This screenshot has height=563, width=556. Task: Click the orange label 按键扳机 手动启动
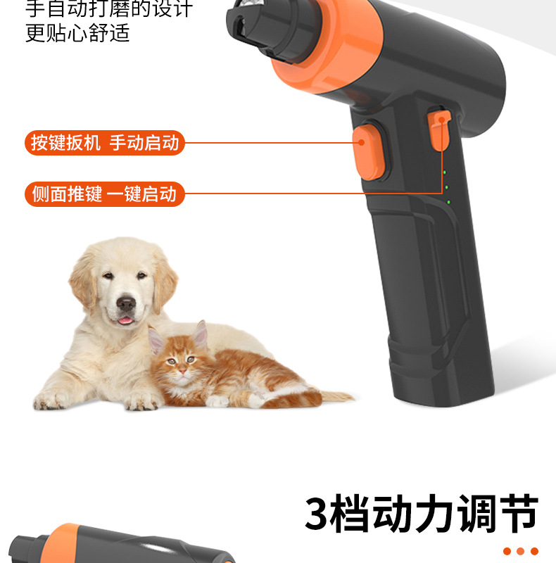(x=105, y=143)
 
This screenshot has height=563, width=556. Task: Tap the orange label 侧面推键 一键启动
(x=105, y=194)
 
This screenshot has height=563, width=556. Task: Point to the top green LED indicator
(x=445, y=172)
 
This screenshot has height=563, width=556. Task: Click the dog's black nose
(x=126, y=303)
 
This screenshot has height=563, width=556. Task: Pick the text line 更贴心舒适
(x=77, y=33)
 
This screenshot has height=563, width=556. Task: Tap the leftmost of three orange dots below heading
(x=507, y=551)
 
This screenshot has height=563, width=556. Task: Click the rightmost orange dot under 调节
(x=534, y=551)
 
